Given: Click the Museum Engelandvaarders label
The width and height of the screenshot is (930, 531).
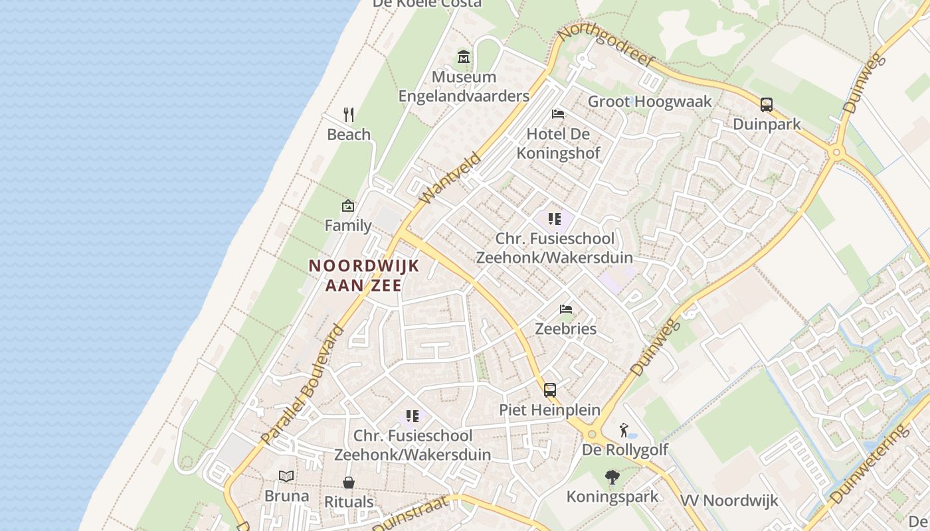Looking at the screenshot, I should [x=464, y=86].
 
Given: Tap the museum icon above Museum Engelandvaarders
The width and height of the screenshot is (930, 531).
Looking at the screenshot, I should [x=464, y=58].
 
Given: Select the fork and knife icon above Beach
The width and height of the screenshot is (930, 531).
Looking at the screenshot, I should [x=348, y=115].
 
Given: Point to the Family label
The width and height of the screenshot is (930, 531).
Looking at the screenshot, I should [x=348, y=226].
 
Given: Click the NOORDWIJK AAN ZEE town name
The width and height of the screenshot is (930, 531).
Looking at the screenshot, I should [x=364, y=275].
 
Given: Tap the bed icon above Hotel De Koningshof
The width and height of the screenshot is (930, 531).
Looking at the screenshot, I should [x=558, y=114].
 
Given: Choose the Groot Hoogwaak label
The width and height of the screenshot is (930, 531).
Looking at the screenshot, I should [x=650, y=102].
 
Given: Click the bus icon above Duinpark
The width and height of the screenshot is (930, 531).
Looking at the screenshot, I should [x=767, y=105].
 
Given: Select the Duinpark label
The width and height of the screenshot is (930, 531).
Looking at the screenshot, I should [x=767, y=124].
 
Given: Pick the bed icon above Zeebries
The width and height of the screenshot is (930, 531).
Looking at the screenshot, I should [x=566, y=309].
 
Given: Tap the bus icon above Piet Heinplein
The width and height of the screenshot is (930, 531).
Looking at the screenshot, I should [x=550, y=390].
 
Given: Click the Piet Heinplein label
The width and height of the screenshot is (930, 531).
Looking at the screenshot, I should [x=550, y=410].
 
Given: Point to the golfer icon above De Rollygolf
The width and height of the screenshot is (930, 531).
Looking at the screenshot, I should [x=624, y=430].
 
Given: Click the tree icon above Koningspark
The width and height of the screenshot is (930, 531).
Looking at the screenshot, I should [x=612, y=477].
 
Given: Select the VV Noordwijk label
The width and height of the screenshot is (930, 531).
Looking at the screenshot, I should [x=729, y=500].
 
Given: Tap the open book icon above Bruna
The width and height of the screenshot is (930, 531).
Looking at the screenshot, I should [x=286, y=476].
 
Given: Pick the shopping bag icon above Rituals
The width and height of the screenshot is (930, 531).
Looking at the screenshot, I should [x=349, y=483].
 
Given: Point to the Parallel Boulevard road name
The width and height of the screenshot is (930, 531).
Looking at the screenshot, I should [x=303, y=385].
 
